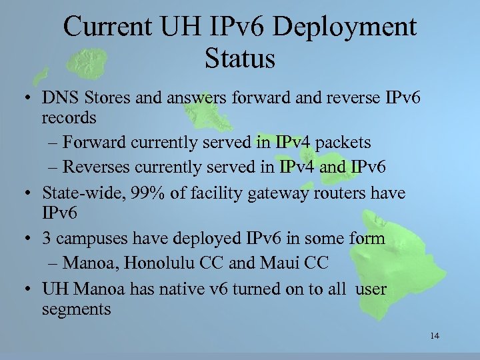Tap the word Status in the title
[240, 58]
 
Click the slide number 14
[435, 335]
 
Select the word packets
[343, 143]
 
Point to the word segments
[76, 309]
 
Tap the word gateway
[305, 193]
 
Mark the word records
[69, 118]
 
